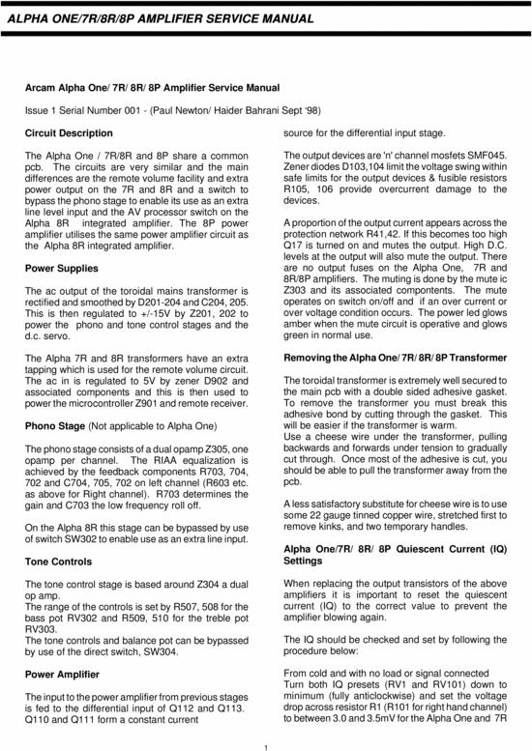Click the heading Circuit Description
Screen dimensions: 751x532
(x=69, y=131)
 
